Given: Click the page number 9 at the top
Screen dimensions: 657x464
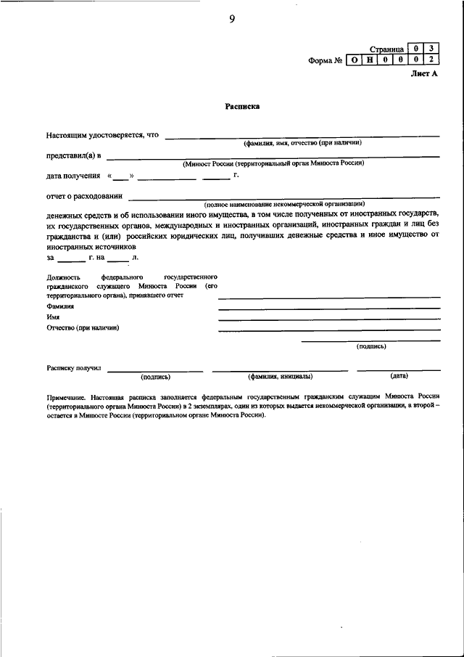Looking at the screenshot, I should pyautogui.click(x=231, y=20).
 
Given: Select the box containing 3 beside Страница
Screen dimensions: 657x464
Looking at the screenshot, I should pyautogui.click(x=431, y=49).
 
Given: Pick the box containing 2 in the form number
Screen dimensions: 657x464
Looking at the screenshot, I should pyautogui.click(x=431, y=60).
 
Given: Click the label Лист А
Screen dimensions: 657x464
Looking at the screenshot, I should pyautogui.click(x=425, y=74).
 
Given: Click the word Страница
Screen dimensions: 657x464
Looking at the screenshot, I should pyautogui.click(x=386, y=49).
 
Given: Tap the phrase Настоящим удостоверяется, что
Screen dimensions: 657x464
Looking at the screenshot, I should pyautogui.click(x=102, y=134).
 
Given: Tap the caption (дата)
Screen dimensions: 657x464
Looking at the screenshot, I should pyautogui.click(x=399, y=376).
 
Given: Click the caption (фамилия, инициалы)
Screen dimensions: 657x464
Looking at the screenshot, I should pyautogui.click(x=280, y=376).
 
